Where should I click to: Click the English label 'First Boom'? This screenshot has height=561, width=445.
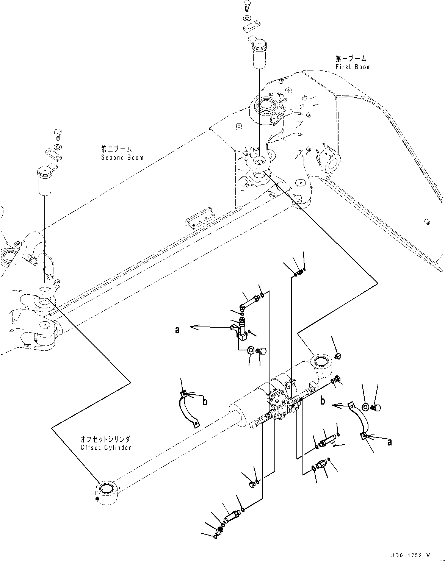click(x=353, y=67)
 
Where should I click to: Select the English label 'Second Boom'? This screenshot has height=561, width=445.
click(x=122, y=157)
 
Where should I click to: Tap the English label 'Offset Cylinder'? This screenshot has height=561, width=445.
click(x=106, y=447)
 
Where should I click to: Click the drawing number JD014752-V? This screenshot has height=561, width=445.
click(x=409, y=556)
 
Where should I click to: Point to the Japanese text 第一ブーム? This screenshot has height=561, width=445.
click(x=351, y=59)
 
